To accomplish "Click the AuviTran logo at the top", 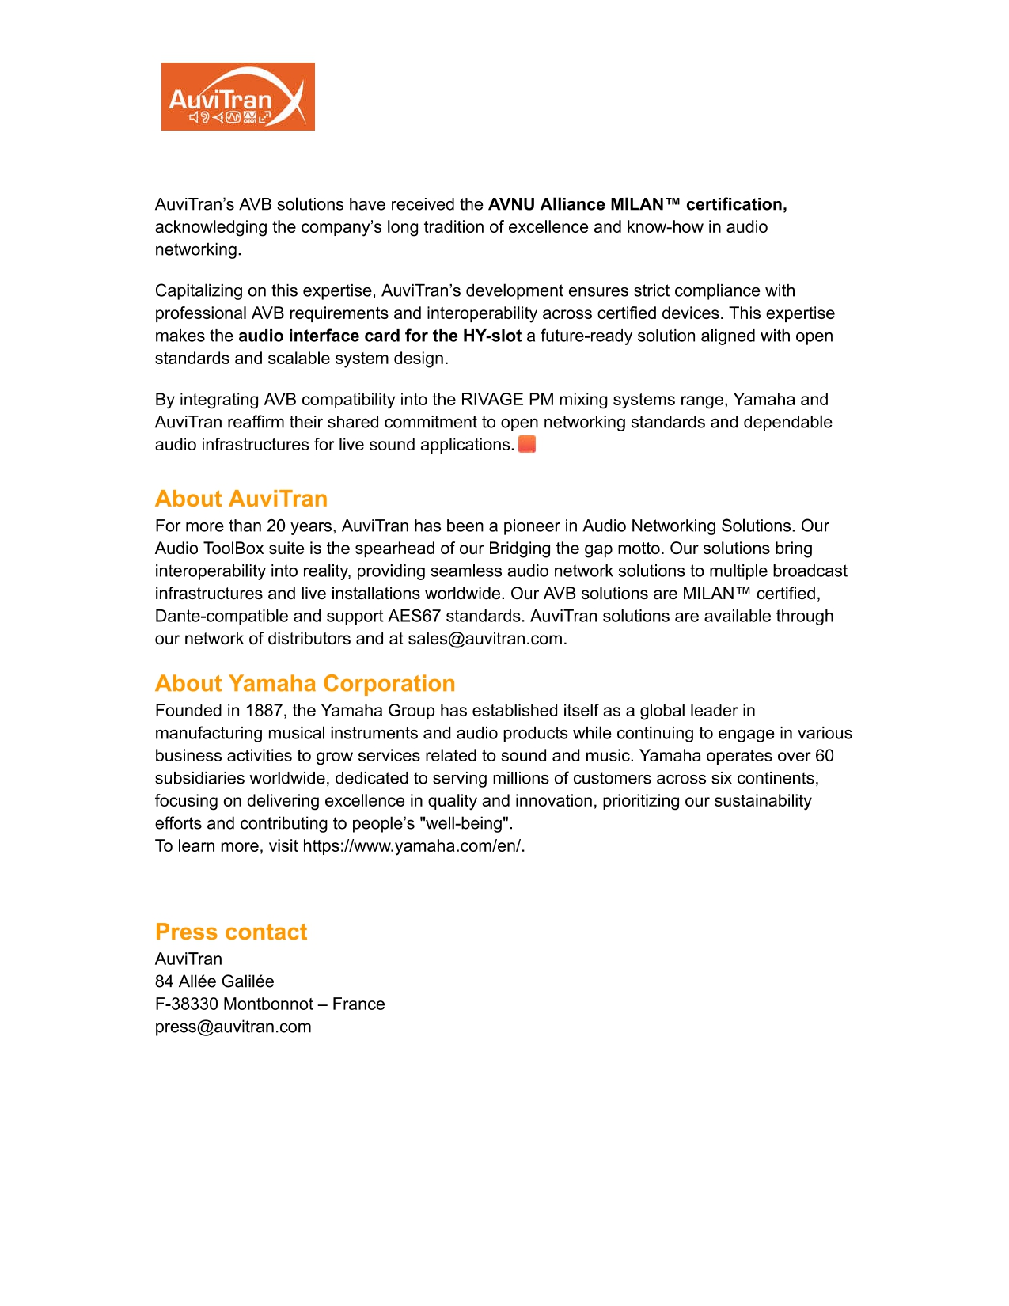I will pyautogui.click(x=237, y=97).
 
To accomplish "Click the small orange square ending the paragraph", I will pyautogui.click(x=527, y=444).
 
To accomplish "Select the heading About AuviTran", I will pyautogui.click(x=241, y=499).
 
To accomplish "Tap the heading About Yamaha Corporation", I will pyautogui.click(x=305, y=683).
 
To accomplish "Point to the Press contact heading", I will pyautogui.click(x=231, y=932).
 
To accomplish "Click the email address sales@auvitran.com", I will pyautogui.click(x=485, y=639).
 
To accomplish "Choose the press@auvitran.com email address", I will pyautogui.click(x=233, y=1027).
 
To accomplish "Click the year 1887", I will pyautogui.click(x=264, y=711).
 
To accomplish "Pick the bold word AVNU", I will pyautogui.click(x=511, y=204).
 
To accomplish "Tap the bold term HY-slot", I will pyautogui.click(x=491, y=336).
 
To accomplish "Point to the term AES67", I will pyautogui.click(x=414, y=616).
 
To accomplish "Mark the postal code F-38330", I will pyautogui.click(x=187, y=1004).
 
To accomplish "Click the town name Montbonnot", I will pyautogui.click(x=269, y=1004).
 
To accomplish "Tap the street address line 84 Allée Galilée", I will pyautogui.click(x=214, y=981).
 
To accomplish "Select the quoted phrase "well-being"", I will pyautogui.click(x=465, y=823).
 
